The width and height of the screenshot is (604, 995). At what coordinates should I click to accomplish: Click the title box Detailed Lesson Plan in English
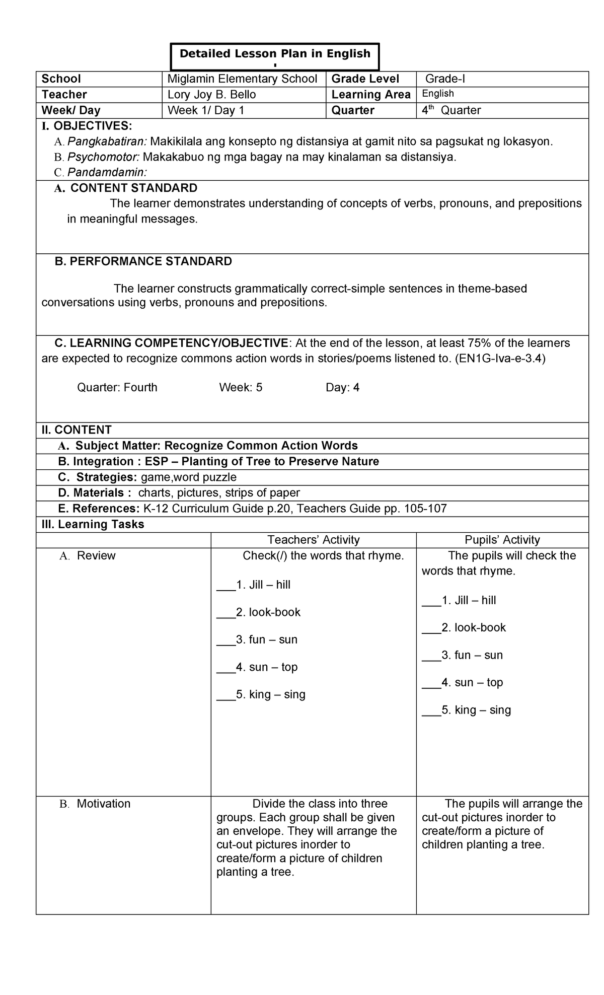(275, 54)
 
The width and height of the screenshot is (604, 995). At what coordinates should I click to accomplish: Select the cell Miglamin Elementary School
(242, 79)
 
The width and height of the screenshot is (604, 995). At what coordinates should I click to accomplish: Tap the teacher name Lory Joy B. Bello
(211, 95)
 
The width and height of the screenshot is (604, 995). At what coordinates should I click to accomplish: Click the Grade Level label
(365, 79)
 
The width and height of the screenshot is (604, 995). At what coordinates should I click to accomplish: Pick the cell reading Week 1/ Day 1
(205, 110)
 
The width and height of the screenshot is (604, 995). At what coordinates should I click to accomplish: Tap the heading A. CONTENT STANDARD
(126, 188)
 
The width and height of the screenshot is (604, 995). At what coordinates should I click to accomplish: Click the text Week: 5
(241, 387)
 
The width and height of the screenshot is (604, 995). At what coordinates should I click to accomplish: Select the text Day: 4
(342, 387)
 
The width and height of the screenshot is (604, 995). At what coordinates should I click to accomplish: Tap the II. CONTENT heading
(77, 430)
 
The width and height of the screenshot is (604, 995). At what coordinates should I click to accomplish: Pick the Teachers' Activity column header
(313, 540)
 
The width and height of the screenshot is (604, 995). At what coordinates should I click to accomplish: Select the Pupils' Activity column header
(502, 540)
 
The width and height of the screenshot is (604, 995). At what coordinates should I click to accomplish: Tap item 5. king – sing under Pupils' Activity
(476, 710)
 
